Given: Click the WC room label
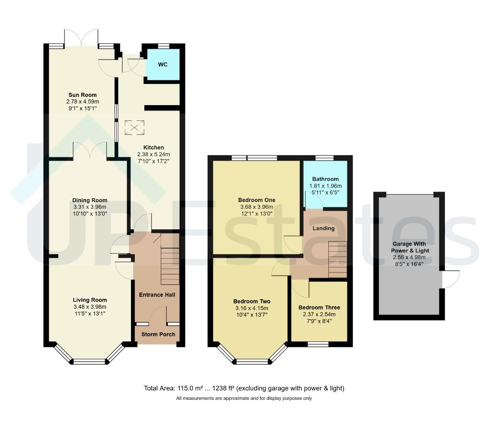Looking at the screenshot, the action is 163,65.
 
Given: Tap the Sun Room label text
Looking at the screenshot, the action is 82,95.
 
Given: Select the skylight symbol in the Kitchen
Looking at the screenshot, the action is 135,127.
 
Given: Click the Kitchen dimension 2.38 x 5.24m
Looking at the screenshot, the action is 153,154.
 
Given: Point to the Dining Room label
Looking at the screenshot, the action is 90,200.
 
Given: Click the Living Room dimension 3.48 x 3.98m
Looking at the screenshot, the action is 90,307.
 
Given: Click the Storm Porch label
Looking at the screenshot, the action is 158,334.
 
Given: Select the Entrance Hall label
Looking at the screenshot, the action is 157,295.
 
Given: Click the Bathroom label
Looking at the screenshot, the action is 325,179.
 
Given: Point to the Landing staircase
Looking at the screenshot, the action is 338,260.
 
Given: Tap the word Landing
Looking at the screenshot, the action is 324,228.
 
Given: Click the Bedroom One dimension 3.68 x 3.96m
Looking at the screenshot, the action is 257,207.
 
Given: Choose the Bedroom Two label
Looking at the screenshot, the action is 252,301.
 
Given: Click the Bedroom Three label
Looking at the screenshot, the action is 319,308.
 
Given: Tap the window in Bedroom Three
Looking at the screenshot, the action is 318,344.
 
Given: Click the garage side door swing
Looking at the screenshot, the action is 451,279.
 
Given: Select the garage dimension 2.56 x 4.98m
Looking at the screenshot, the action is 409,257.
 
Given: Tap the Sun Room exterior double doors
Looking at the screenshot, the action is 81,38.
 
